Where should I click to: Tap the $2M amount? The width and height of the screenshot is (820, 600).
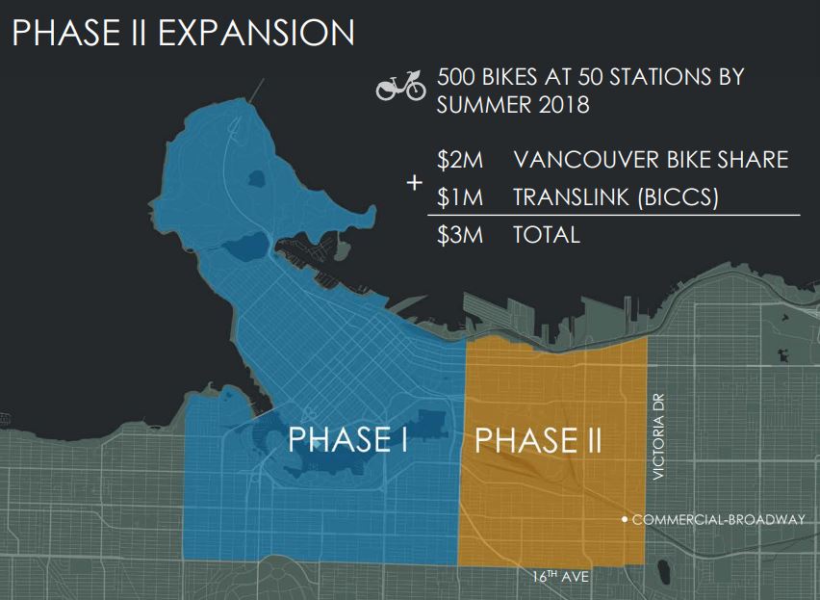[x=460, y=160]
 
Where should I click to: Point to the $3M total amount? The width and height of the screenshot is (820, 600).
[x=460, y=234]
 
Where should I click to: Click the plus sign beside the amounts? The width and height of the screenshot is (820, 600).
[x=415, y=182]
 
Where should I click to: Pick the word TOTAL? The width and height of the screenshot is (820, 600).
[x=547, y=234]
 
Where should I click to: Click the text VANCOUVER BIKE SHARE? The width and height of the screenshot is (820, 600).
[x=651, y=160]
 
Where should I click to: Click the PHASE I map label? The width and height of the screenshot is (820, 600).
[x=348, y=439]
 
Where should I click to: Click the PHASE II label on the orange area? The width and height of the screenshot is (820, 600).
[x=539, y=440]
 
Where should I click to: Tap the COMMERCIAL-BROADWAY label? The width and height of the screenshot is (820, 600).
[x=718, y=520]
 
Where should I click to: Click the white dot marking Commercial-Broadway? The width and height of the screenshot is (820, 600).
[x=625, y=520]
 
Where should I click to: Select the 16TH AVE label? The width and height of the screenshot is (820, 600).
[x=560, y=577]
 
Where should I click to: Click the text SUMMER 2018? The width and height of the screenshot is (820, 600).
[x=513, y=104]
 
